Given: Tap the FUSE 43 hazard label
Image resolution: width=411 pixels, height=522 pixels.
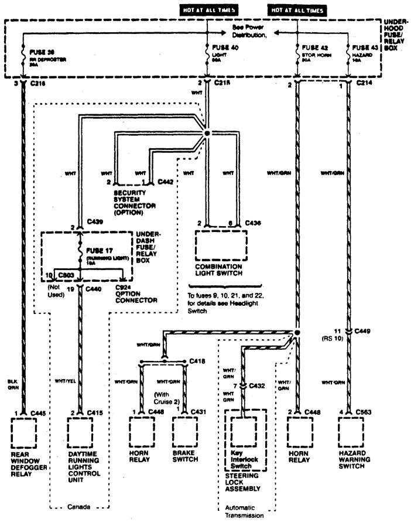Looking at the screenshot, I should coord(366,46).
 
